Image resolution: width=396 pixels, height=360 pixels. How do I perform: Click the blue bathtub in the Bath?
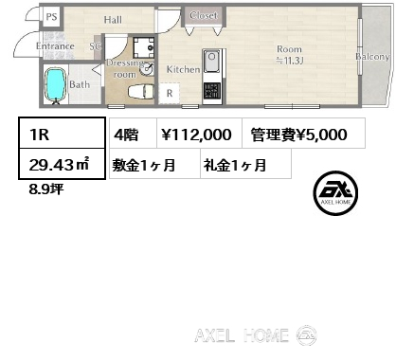click(55, 84)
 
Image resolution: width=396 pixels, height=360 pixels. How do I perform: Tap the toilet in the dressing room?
click(141, 92)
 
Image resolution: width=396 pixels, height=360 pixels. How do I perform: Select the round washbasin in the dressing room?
click(148, 69)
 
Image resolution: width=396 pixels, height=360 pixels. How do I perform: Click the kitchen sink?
click(212, 61)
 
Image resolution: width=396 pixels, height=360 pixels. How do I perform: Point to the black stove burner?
click(211, 90)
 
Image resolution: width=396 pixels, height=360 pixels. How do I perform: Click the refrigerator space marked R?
click(170, 93)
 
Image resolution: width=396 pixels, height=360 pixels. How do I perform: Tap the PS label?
click(51, 16)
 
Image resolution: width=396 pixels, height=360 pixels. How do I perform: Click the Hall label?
click(113, 20)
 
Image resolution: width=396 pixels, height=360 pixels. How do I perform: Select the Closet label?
click(204, 15)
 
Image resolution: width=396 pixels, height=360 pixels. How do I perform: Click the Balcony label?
click(372, 57)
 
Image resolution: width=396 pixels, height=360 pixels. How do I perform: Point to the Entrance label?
click(55, 46)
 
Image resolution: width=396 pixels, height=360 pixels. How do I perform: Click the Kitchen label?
click(183, 69)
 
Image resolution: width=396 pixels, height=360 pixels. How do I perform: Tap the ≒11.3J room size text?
click(289, 61)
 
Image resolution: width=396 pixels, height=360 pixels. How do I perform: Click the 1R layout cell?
click(62, 134)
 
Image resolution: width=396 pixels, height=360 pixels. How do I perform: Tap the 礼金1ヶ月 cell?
click(245, 164)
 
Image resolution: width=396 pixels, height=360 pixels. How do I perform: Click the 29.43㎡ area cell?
click(62, 164)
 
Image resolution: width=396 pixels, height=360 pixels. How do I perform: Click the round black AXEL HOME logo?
click(335, 193)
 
